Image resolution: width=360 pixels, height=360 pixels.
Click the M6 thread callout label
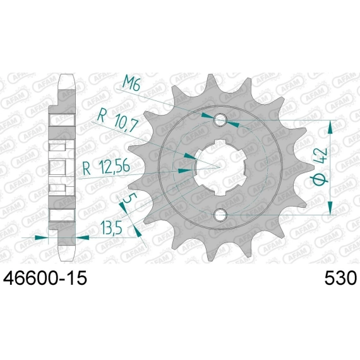(131, 83)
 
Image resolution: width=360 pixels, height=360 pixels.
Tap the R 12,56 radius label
(106, 167)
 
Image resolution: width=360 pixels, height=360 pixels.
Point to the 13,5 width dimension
(111, 227)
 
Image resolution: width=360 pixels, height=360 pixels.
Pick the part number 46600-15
(45, 278)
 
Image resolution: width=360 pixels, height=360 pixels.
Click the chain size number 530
(340, 278)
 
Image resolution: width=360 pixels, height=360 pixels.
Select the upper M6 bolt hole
(220, 119)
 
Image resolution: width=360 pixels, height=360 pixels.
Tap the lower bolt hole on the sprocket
(220, 215)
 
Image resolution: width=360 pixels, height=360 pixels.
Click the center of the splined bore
(220, 167)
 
